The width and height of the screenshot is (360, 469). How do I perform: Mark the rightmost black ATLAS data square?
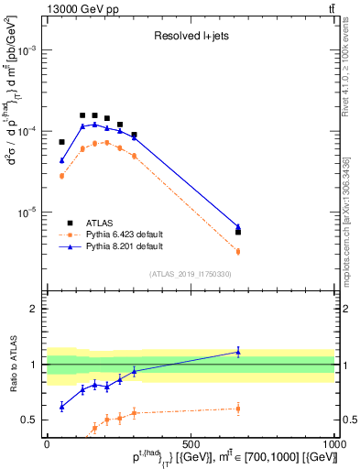point(238,232)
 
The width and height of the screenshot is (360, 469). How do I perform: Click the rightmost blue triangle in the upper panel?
point(238,226)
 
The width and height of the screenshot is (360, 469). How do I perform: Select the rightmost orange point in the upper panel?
point(238,251)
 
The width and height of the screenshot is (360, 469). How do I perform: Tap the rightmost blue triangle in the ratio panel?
point(238,351)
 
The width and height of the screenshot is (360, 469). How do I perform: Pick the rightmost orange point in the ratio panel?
point(238,409)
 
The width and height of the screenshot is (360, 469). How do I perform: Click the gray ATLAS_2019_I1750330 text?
point(191,274)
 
